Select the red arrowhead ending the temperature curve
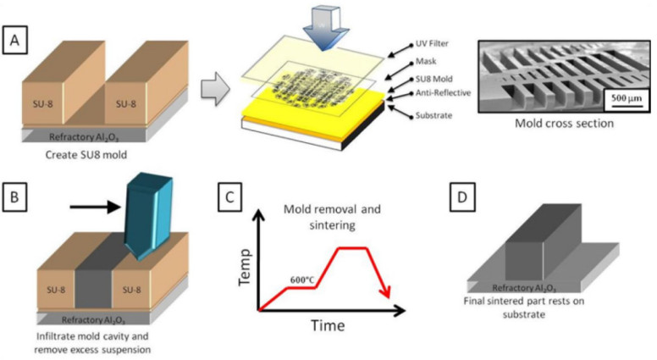[x=385, y=293]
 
